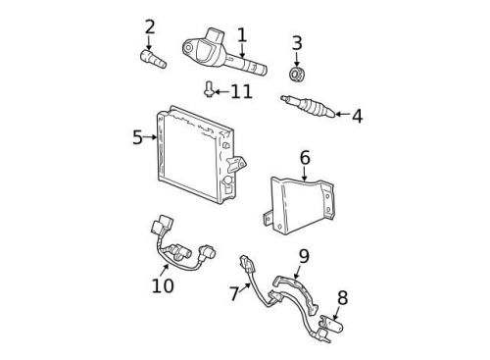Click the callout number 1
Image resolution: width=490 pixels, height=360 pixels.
(241, 36)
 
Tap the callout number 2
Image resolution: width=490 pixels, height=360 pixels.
(149, 26)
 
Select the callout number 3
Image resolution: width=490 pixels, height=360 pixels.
(297, 43)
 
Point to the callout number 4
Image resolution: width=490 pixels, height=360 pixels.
(356, 117)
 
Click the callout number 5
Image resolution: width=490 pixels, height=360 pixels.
(137, 137)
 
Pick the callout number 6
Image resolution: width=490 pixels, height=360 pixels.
(304, 157)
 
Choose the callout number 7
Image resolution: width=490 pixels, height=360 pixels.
(233, 293)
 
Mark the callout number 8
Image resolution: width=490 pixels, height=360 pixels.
(342, 297)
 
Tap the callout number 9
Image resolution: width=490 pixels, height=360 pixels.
(304, 256)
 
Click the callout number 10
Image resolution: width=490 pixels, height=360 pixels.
(163, 285)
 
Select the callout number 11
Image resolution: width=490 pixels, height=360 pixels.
(241, 91)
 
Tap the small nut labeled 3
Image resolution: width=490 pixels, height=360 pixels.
(297, 74)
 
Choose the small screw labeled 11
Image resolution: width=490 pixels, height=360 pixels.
(210, 90)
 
